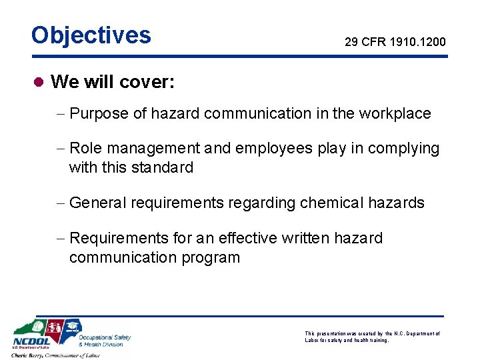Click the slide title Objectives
(91, 35)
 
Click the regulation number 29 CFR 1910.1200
(395, 42)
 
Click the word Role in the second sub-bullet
(85, 148)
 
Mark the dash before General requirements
(61, 203)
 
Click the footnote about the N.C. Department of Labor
(372, 337)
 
